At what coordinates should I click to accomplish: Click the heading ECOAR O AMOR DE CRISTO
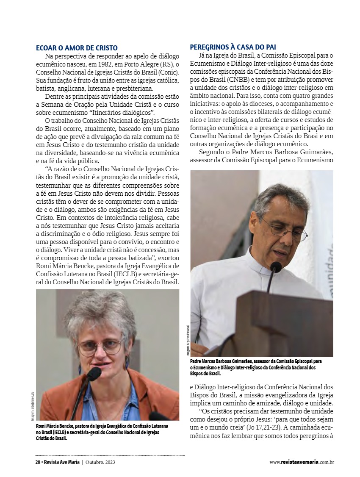[x=77, y=48]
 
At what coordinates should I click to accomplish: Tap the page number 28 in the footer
[x=38, y=462]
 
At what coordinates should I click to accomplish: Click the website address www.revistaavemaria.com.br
[x=302, y=462]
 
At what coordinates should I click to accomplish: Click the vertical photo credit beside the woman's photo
[x=32, y=407]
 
